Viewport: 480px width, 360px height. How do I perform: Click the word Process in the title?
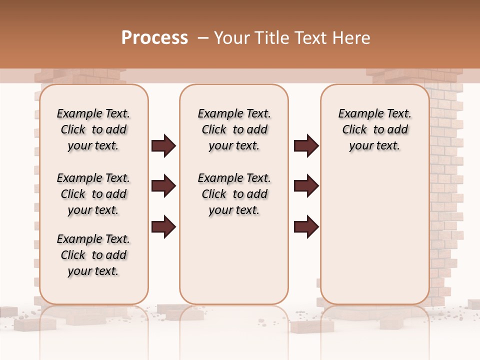(x=154, y=38)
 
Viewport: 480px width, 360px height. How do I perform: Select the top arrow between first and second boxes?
(x=163, y=146)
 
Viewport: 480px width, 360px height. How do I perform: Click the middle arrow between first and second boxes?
(x=163, y=186)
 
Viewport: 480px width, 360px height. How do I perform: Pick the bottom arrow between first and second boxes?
(x=163, y=226)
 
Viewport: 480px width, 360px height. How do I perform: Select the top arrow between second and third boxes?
(x=306, y=146)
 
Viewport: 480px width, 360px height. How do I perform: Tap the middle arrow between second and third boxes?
(x=306, y=186)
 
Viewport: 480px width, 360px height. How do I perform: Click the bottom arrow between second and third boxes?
(x=306, y=226)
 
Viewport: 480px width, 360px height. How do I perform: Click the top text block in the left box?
(x=93, y=129)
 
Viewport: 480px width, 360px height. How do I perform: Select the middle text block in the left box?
(x=93, y=194)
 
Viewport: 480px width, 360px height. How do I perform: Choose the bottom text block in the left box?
(x=93, y=255)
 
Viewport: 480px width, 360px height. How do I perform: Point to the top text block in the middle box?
(x=234, y=129)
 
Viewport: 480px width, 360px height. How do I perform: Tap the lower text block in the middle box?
(x=234, y=194)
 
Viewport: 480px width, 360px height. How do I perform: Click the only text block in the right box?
(x=374, y=129)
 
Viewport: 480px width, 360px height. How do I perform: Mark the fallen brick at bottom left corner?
(x=27, y=324)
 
